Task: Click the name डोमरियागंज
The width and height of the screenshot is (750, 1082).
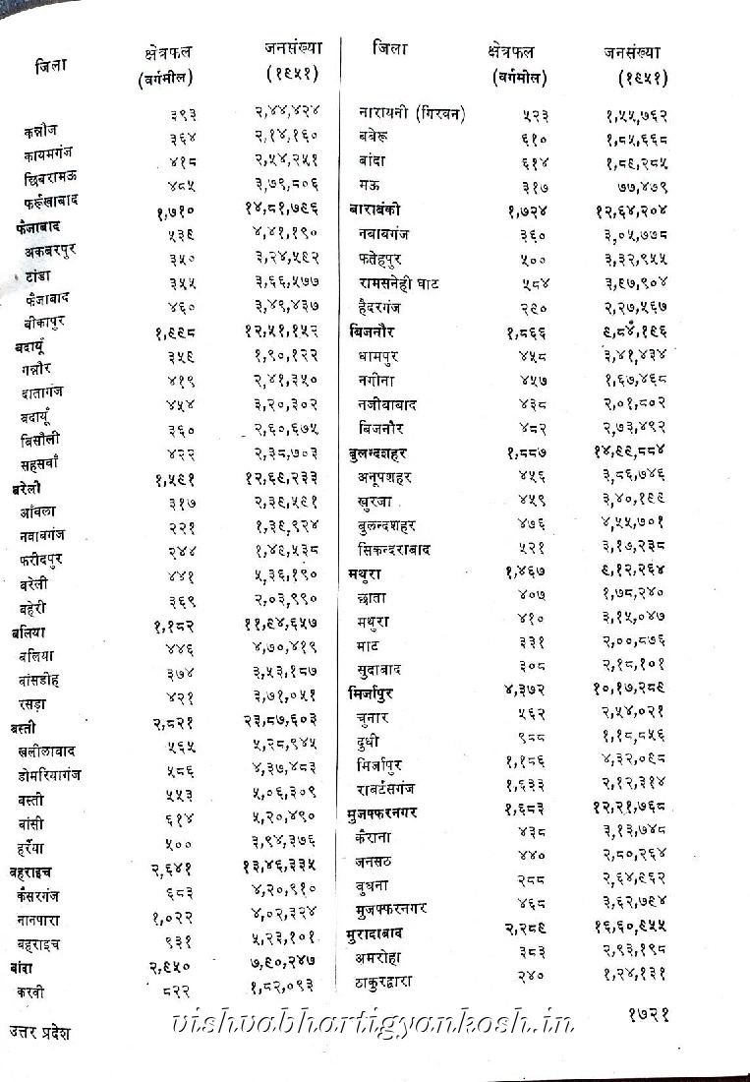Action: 49,775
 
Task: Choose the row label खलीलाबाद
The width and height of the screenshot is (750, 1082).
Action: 47,751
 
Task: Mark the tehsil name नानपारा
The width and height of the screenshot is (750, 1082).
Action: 40,921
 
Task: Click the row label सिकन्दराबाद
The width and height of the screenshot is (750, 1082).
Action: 394,549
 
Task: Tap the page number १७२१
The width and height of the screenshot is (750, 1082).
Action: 648,1012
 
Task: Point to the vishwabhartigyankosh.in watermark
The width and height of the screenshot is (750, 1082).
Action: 374,1023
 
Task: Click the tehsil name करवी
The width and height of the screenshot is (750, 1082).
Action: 30,992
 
